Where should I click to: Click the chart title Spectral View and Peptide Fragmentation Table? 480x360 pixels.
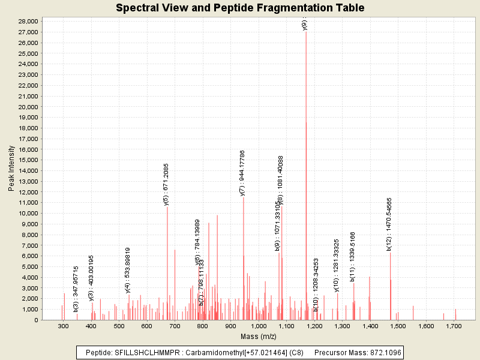[240, 8]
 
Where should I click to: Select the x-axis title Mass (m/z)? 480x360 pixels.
[257, 337]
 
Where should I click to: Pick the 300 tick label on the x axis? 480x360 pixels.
[63, 326]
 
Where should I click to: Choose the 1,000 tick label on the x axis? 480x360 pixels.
[258, 326]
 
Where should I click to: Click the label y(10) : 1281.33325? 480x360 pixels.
[337, 266]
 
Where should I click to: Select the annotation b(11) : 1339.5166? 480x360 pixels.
[353, 256]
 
